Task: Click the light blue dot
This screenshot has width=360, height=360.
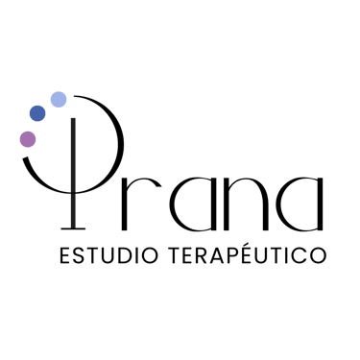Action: pos(58,99)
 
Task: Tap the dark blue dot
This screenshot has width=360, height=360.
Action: pos(37,114)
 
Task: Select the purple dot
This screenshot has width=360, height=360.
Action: pos(28,139)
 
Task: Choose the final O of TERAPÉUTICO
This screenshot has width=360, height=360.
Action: pos(316,256)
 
